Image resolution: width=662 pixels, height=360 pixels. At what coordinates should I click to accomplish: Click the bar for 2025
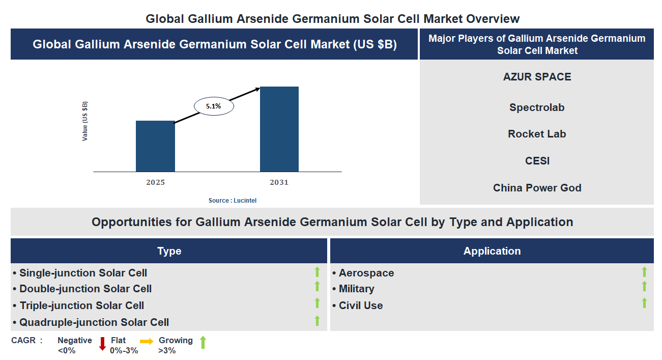point(155,146)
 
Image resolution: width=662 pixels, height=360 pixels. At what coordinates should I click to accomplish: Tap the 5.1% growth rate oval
point(214,106)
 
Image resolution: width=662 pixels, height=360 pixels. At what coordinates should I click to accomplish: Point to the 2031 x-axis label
point(279,182)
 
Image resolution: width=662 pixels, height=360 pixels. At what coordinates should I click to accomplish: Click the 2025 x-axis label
point(155,182)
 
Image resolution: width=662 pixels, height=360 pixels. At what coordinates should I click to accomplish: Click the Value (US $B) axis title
point(85,121)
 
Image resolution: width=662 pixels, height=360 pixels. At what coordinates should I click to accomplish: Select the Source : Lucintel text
point(233,201)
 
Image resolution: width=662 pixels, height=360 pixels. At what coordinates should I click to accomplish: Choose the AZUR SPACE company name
point(537,77)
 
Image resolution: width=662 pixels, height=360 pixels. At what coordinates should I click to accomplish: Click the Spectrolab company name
point(537,107)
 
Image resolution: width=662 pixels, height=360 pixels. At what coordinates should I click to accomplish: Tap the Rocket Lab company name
point(537,134)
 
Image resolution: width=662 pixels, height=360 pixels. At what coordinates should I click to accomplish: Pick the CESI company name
point(537,161)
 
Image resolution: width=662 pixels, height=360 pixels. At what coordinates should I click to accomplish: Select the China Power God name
point(537,188)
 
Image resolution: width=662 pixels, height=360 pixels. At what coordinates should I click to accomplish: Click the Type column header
point(169,251)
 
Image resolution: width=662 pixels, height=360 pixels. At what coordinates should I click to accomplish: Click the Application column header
point(492,251)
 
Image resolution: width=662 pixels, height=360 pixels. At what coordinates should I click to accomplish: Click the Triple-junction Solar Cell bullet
point(81,306)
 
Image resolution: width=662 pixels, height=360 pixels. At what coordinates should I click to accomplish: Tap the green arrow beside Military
point(644,287)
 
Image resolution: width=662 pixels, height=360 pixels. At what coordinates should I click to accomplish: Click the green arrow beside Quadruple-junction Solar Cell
point(317,320)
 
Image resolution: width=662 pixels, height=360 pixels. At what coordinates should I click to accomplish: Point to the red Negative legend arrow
point(102,344)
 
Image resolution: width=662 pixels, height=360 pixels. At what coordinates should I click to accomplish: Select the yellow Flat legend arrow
point(147,342)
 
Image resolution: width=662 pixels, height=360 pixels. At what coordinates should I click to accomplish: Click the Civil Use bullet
point(361,306)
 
